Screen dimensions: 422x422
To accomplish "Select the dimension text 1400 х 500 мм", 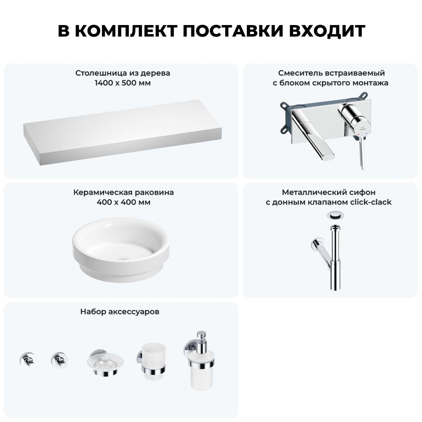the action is point(123,83).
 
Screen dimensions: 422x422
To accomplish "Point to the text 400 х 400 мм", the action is point(123,202).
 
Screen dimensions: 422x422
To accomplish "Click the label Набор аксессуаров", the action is point(120,312).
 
